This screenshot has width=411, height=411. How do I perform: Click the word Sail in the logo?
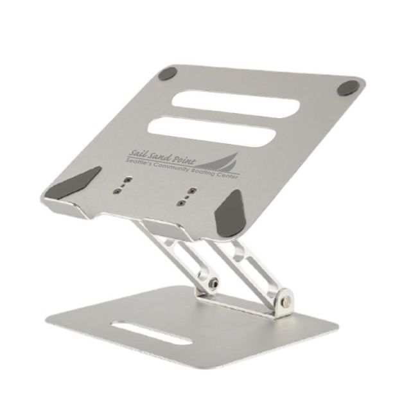click(x=136, y=153)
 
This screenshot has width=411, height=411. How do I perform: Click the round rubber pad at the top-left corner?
click(x=168, y=73)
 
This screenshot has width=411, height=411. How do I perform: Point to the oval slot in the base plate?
click(x=150, y=332)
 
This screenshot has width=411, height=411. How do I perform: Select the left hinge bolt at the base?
click(x=211, y=283)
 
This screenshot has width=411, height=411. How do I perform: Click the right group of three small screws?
click(x=184, y=198)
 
